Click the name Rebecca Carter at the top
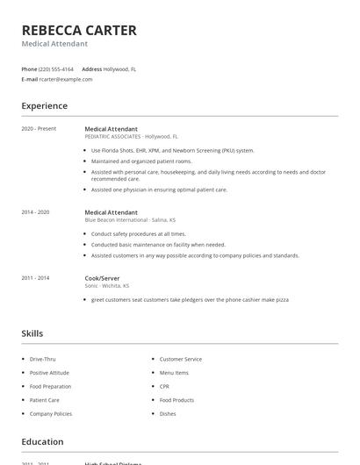[x=79, y=31]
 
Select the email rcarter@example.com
[x=66, y=79]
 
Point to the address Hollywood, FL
[x=119, y=68]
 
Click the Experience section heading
[x=44, y=106]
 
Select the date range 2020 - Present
[x=39, y=129]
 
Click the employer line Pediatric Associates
[x=131, y=137]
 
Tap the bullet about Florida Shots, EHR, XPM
[x=172, y=150]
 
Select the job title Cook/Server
[x=102, y=278]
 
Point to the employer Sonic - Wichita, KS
[x=107, y=286]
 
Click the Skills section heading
[x=32, y=333]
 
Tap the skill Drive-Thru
[x=42, y=359]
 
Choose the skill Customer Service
[x=180, y=359]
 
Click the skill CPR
[x=164, y=386]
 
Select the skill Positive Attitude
[x=50, y=373]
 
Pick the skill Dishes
[x=167, y=413]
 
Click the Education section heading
[x=42, y=441]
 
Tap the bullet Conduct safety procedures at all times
[x=139, y=234]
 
